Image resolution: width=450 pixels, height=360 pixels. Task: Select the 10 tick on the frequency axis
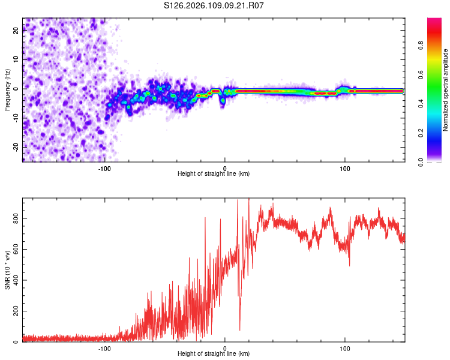16,59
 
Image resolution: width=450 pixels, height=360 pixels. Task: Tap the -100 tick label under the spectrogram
104,169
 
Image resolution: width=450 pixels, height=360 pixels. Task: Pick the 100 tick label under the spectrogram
345,169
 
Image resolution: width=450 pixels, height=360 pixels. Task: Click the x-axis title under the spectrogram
214,174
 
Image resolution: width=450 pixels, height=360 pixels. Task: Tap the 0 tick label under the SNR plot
225,348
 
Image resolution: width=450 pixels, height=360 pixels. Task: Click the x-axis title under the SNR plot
214,354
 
